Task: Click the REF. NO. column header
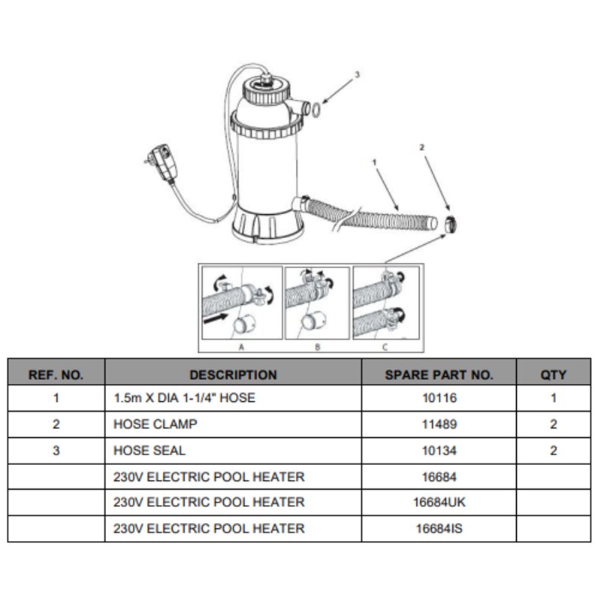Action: pyautogui.click(x=56, y=374)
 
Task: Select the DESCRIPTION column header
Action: pyautogui.click(x=233, y=374)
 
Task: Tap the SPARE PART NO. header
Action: pyautogui.click(x=439, y=374)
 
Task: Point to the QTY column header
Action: pyautogui.click(x=553, y=374)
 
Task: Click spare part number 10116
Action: pyautogui.click(x=439, y=398)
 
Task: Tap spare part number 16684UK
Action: pyautogui.click(x=439, y=502)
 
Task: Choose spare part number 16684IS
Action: pyautogui.click(x=439, y=529)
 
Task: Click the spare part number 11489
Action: pyautogui.click(x=439, y=424)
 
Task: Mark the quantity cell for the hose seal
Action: pyautogui.click(x=553, y=450)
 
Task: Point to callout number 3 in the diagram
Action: pyautogui.click(x=358, y=74)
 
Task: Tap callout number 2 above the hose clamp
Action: pyautogui.click(x=422, y=147)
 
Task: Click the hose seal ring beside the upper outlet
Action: pyautogui.click(x=316, y=109)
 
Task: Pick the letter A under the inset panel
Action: pyautogui.click(x=241, y=347)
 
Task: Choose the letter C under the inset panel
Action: pyautogui.click(x=385, y=347)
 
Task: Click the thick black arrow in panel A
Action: pyautogui.click(x=216, y=318)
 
